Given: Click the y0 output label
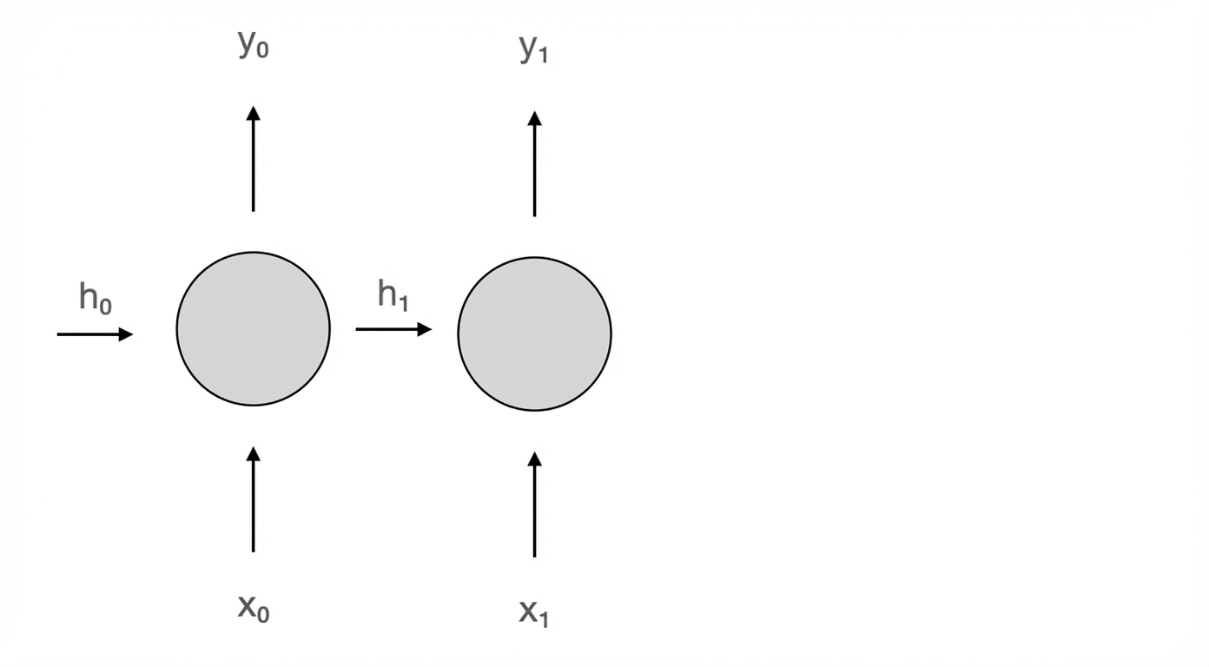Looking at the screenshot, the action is [x=253, y=43].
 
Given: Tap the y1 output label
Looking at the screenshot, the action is [x=534, y=50].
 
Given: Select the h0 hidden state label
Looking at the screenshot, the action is [x=96, y=298].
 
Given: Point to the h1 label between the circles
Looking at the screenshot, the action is [x=393, y=294].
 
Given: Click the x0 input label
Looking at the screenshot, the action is [x=253, y=608].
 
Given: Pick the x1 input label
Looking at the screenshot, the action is [x=534, y=613].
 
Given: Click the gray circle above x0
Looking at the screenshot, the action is [x=253, y=328].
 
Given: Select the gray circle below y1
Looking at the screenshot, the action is [x=534, y=334].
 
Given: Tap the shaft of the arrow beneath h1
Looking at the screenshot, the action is [x=387, y=329].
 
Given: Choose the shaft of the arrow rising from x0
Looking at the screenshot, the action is [x=253, y=506].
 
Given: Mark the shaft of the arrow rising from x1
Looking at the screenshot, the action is [x=534, y=512].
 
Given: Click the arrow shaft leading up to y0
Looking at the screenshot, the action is [x=253, y=166].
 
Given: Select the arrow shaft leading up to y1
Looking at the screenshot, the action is [x=534, y=171].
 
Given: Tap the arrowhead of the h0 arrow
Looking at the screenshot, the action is [x=126, y=334].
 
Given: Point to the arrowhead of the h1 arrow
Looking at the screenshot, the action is [x=425, y=329].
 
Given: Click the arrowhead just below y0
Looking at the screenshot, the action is [x=253, y=113].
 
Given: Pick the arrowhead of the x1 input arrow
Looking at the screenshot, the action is [x=534, y=459].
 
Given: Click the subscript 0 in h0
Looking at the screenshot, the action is [x=106, y=306].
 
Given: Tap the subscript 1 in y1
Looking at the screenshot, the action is [x=543, y=55].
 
